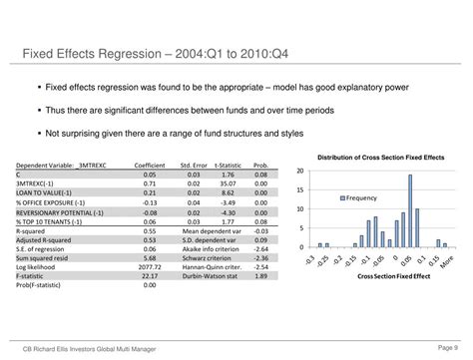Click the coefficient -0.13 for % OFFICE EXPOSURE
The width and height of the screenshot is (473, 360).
tap(150, 201)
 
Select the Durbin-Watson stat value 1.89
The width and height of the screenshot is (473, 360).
tap(259, 275)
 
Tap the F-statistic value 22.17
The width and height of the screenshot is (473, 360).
tap(149, 275)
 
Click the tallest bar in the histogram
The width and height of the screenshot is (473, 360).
tap(409, 211)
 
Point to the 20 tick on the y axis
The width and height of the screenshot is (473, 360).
tap(300, 172)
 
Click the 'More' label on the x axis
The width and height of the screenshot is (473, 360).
tap(440, 258)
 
